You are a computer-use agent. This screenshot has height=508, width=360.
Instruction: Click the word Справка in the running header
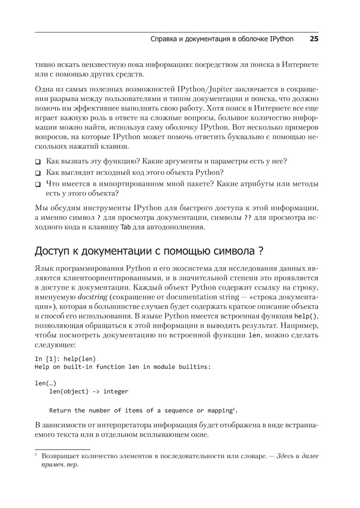pyautogui.click(x=166, y=39)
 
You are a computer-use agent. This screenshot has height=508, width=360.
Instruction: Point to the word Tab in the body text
pyautogui.click(x=125, y=227)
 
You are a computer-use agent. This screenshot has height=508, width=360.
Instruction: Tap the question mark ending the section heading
pyautogui.click(x=261, y=251)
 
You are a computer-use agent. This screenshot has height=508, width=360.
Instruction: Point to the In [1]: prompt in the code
pyautogui.click(x=47, y=358)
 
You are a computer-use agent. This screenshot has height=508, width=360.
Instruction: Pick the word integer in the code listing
pyautogui.click(x=116, y=392)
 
